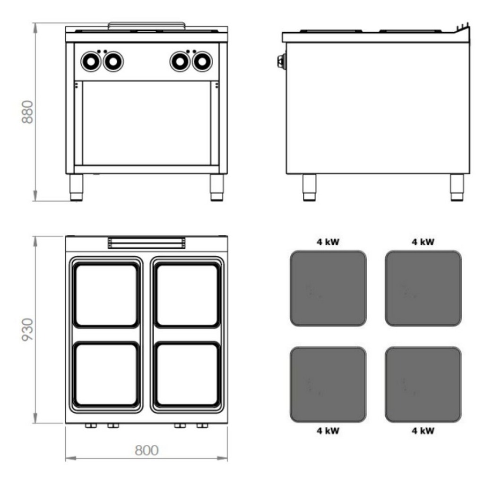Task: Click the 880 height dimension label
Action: tap(27, 112)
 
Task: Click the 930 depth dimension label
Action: tap(27, 329)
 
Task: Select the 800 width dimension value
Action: tap(147, 450)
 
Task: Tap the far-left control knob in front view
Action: tap(91, 61)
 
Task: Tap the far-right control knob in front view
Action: tap(202, 61)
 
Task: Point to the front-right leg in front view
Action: tap(216, 188)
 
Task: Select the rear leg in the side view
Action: tap(457, 187)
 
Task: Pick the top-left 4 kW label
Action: tap(328, 242)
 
